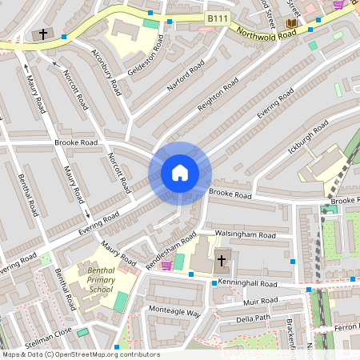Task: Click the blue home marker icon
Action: click(179, 173)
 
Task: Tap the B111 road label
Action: click(217, 18)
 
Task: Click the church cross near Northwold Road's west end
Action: click(42, 34)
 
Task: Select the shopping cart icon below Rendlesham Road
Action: click(166, 265)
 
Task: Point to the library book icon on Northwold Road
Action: click(290, 23)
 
